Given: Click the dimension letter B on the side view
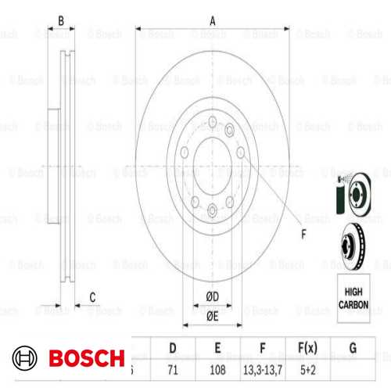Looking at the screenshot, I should click(x=61, y=21).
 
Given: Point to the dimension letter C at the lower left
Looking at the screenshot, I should click(x=91, y=296).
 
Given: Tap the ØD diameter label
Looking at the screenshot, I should click(x=212, y=296).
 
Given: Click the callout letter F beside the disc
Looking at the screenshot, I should click(x=303, y=232).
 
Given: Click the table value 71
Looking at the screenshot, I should click(x=174, y=364).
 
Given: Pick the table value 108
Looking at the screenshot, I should click(x=218, y=364).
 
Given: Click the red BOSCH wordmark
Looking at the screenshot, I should click(x=86, y=359).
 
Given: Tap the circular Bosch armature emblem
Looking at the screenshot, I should click(x=25, y=359).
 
